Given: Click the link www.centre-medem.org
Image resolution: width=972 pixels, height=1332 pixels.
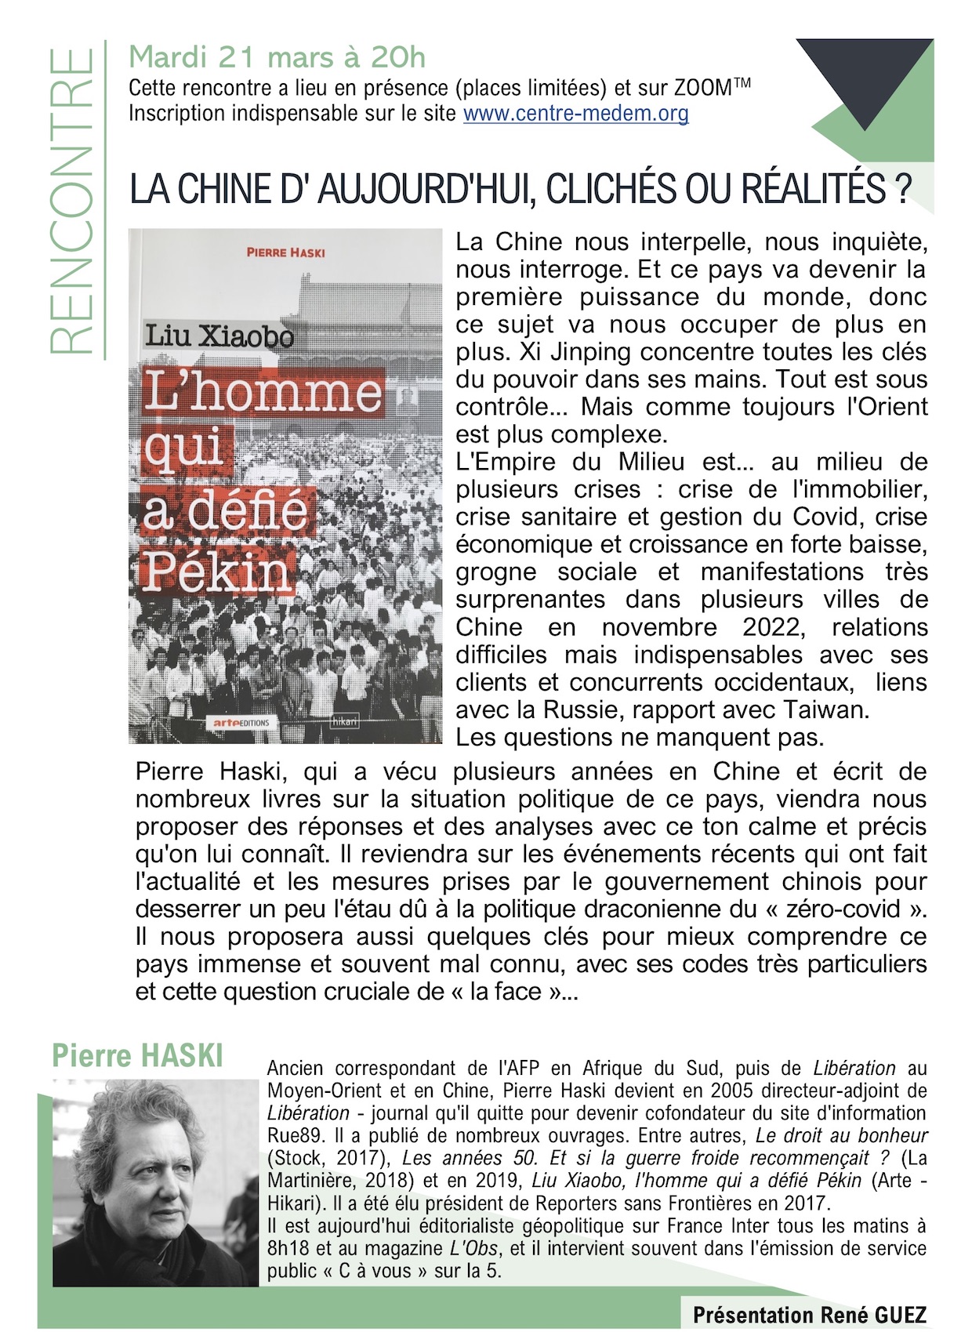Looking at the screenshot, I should click(x=575, y=114).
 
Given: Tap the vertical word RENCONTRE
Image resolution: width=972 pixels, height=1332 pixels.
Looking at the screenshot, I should click(x=72, y=201).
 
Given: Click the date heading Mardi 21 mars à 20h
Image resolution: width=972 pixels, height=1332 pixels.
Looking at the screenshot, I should click(x=277, y=57).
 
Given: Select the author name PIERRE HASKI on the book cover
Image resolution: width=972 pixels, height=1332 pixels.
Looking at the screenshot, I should click(x=285, y=252).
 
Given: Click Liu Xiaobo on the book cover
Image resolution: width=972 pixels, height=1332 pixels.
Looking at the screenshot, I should click(x=219, y=336).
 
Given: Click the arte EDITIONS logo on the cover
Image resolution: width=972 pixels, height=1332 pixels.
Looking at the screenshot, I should click(x=241, y=722).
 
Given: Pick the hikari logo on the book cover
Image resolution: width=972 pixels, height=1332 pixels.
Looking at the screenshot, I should click(x=344, y=720).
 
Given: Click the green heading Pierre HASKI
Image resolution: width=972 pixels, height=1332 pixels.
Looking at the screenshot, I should click(x=137, y=1055).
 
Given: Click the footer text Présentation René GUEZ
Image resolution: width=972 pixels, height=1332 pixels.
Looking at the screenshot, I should click(x=809, y=1315).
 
